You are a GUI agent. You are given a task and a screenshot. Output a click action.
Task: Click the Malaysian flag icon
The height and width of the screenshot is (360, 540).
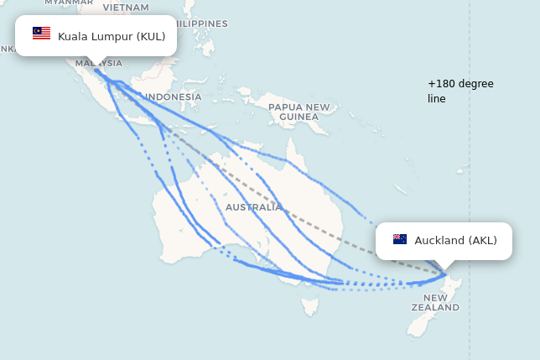pyautogui.click(x=41, y=34)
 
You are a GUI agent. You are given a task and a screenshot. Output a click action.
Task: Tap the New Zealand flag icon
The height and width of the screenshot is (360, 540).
pyautogui.click(x=400, y=240)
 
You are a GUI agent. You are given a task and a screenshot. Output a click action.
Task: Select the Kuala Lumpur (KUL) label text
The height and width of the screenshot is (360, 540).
pyautogui.click(x=112, y=36)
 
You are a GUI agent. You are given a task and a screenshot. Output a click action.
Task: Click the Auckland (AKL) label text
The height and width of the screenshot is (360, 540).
pyautogui.click(x=455, y=241)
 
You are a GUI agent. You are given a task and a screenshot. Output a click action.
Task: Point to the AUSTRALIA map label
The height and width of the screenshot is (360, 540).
pyautogui.click(x=253, y=206)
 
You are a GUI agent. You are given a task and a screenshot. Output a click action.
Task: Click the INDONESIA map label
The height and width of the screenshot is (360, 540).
pyautogui.click(x=174, y=97)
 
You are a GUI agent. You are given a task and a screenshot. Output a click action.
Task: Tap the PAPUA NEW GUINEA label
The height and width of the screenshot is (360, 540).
pyautogui.click(x=299, y=112)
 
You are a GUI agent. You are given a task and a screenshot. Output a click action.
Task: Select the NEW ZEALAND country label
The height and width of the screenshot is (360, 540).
pyautogui.click(x=435, y=303)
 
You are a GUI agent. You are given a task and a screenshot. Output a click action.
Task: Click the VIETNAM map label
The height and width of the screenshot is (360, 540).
pyautogui.click(x=126, y=7)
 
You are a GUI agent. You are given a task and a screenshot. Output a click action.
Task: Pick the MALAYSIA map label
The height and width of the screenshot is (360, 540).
pyautogui.click(x=99, y=63)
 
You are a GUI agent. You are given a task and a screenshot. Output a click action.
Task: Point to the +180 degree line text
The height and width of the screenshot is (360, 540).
pyautogui.click(x=460, y=91)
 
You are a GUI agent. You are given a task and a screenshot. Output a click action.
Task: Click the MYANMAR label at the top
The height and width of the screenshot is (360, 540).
pyautogui.click(x=69, y=3)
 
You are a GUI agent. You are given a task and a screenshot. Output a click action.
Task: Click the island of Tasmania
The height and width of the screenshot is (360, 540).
pyautogui.click(x=310, y=305)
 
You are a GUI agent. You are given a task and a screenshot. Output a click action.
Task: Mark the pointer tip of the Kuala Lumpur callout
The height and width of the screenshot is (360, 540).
pyautogui.click(x=96, y=65)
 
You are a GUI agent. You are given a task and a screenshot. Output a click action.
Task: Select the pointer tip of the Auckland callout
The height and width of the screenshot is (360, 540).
pyautogui.click(x=444, y=269)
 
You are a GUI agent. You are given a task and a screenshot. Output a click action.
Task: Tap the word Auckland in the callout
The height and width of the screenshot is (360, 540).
pyautogui.click(x=439, y=241)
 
